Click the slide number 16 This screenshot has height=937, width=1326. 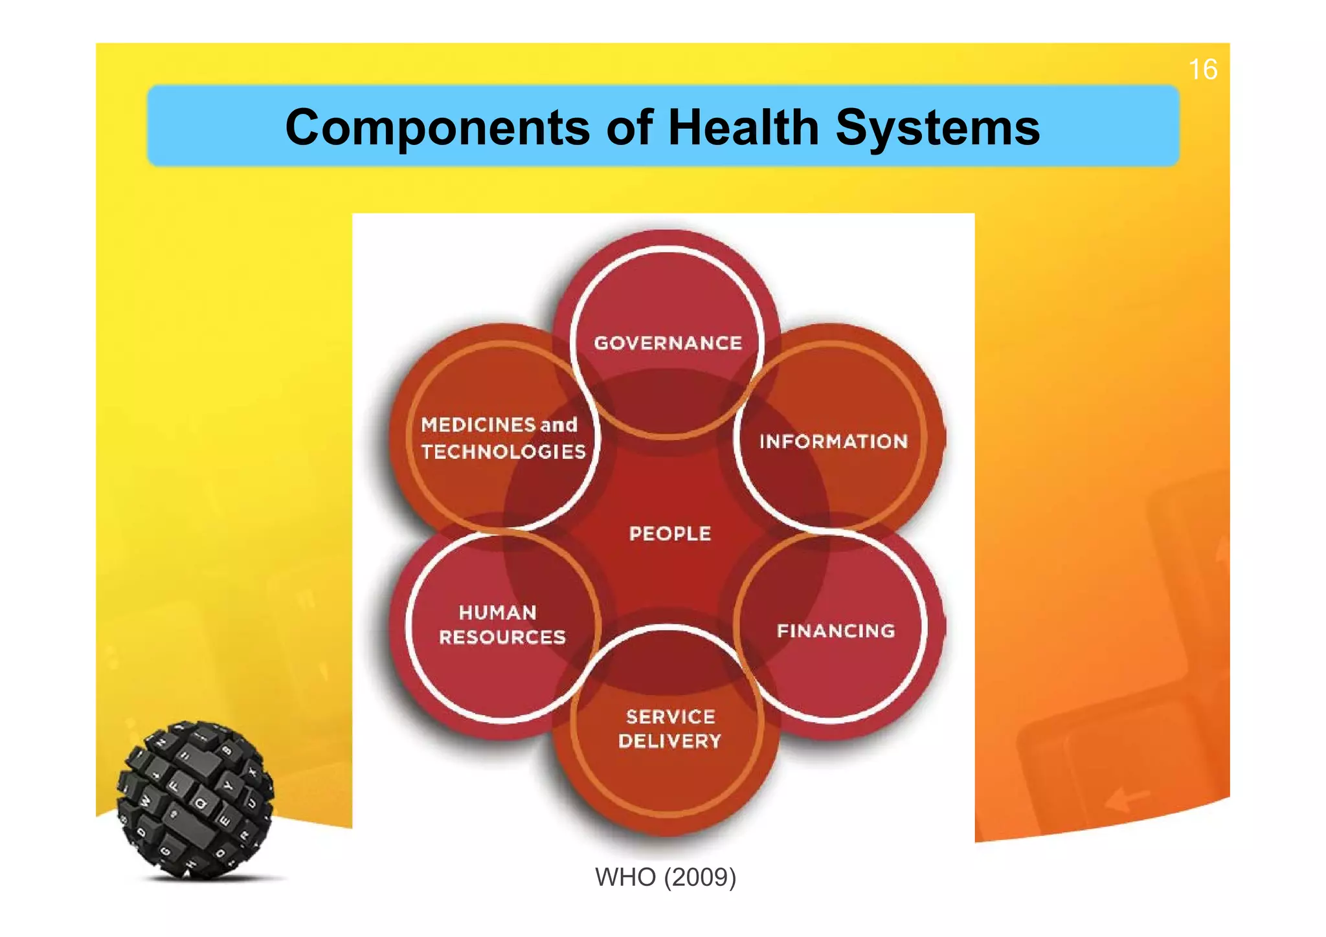click(x=1202, y=69)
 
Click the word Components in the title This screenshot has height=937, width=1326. click(x=437, y=127)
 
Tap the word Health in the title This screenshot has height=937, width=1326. click(x=743, y=127)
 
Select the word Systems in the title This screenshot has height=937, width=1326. click(x=938, y=127)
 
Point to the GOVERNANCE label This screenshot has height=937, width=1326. click(x=668, y=343)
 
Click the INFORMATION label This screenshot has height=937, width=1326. click(x=833, y=442)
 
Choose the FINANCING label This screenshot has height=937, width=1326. click(x=836, y=631)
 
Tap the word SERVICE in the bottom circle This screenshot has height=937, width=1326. click(x=671, y=717)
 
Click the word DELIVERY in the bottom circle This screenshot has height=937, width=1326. click(x=669, y=742)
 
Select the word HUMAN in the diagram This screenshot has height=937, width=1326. click(x=498, y=613)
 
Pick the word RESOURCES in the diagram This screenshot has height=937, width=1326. click(x=502, y=637)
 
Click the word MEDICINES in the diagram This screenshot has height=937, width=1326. click(x=478, y=425)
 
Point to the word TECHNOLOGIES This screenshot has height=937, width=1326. click(x=503, y=452)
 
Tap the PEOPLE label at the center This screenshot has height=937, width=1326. click(x=669, y=534)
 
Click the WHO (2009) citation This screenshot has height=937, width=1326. click(x=665, y=877)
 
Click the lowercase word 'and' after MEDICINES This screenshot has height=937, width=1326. click(x=559, y=425)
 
